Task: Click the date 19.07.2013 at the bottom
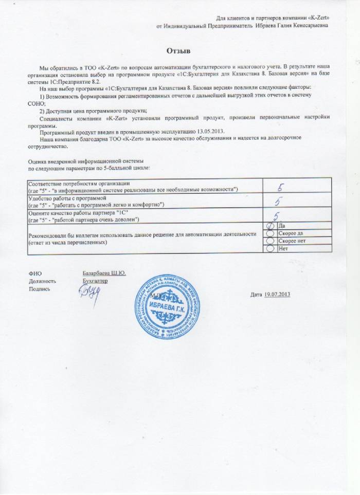[278, 294]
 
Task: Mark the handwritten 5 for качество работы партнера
[277, 216]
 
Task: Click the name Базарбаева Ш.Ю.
[104, 273]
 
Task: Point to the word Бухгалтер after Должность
[96, 282]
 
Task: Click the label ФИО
[35, 273]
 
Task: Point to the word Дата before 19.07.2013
[256, 294]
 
